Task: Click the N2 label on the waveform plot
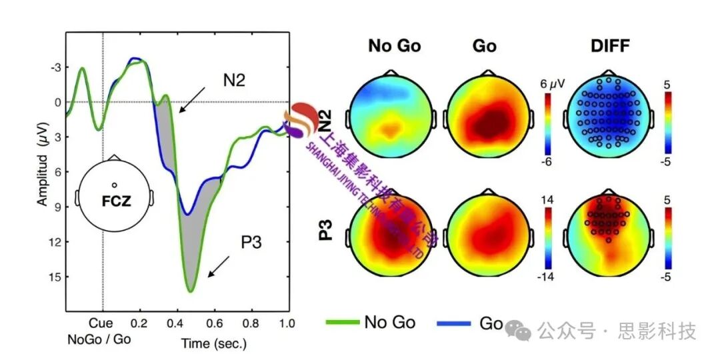pyautogui.click(x=235, y=81)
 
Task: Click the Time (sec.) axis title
pyautogui.click(x=214, y=344)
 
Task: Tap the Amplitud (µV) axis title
pyautogui.click(x=41, y=169)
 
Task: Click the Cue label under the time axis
pyautogui.click(x=103, y=323)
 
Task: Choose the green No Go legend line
pyautogui.click(x=343, y=323)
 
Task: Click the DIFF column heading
pyautogui.click(x=610, y=46)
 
